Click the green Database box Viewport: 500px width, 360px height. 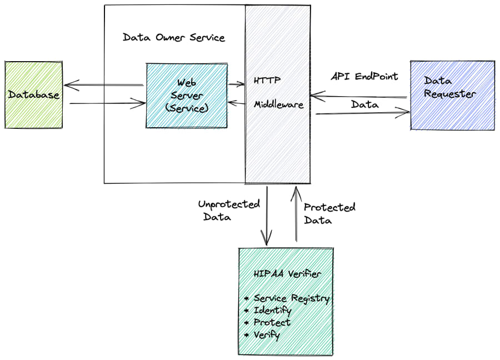(x=33, y=95)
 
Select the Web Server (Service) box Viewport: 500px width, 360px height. (x=187, y=96)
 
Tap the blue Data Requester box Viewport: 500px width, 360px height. (x=452, y=96)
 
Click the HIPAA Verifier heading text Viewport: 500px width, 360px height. (x=287, y=274)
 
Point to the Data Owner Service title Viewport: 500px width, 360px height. (x=174, y=38)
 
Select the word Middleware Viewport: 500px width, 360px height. (x=279, y=104)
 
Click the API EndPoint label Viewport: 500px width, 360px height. (x=364, y=76)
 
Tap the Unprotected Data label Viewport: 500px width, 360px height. (x=228, y=211)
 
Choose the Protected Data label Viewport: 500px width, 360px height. (x=329, y=213)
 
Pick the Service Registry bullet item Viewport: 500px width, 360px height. (x=291, y=298)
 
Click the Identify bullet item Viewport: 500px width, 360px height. (x=272, y=311)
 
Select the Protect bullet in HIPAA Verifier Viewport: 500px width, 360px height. (x=272, y=323)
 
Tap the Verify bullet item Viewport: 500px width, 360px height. (x=266, y=335)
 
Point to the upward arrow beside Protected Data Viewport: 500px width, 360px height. (x=296, y=214)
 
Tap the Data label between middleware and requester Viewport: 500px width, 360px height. (x=364, y=104)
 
